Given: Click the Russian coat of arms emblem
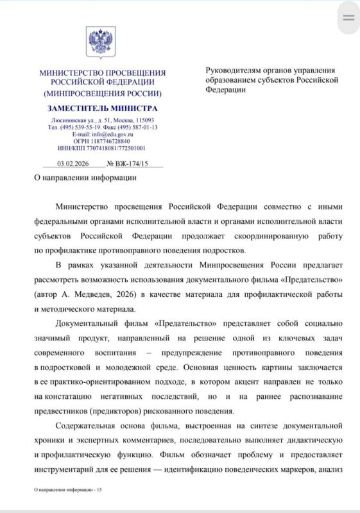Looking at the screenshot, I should pyautogui.click(x=101, y=43).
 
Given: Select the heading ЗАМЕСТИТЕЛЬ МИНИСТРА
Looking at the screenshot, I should pyautogui.click(x=103, y=108).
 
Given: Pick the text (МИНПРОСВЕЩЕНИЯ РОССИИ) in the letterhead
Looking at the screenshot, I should pyautogui.click(x=103, y=93).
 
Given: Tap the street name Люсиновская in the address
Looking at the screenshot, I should pyautogui.click(x=68, y=121).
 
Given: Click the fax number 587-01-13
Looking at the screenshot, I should pyautogui.click(x=145, y=127).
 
